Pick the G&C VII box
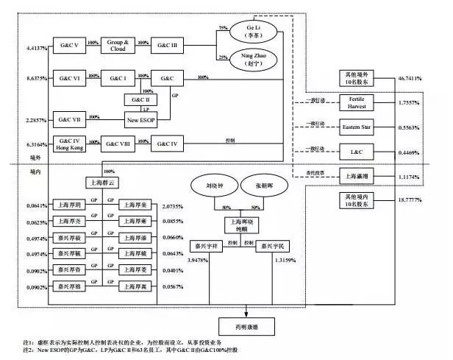click(69, 117)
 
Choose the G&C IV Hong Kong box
click(69, 143)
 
